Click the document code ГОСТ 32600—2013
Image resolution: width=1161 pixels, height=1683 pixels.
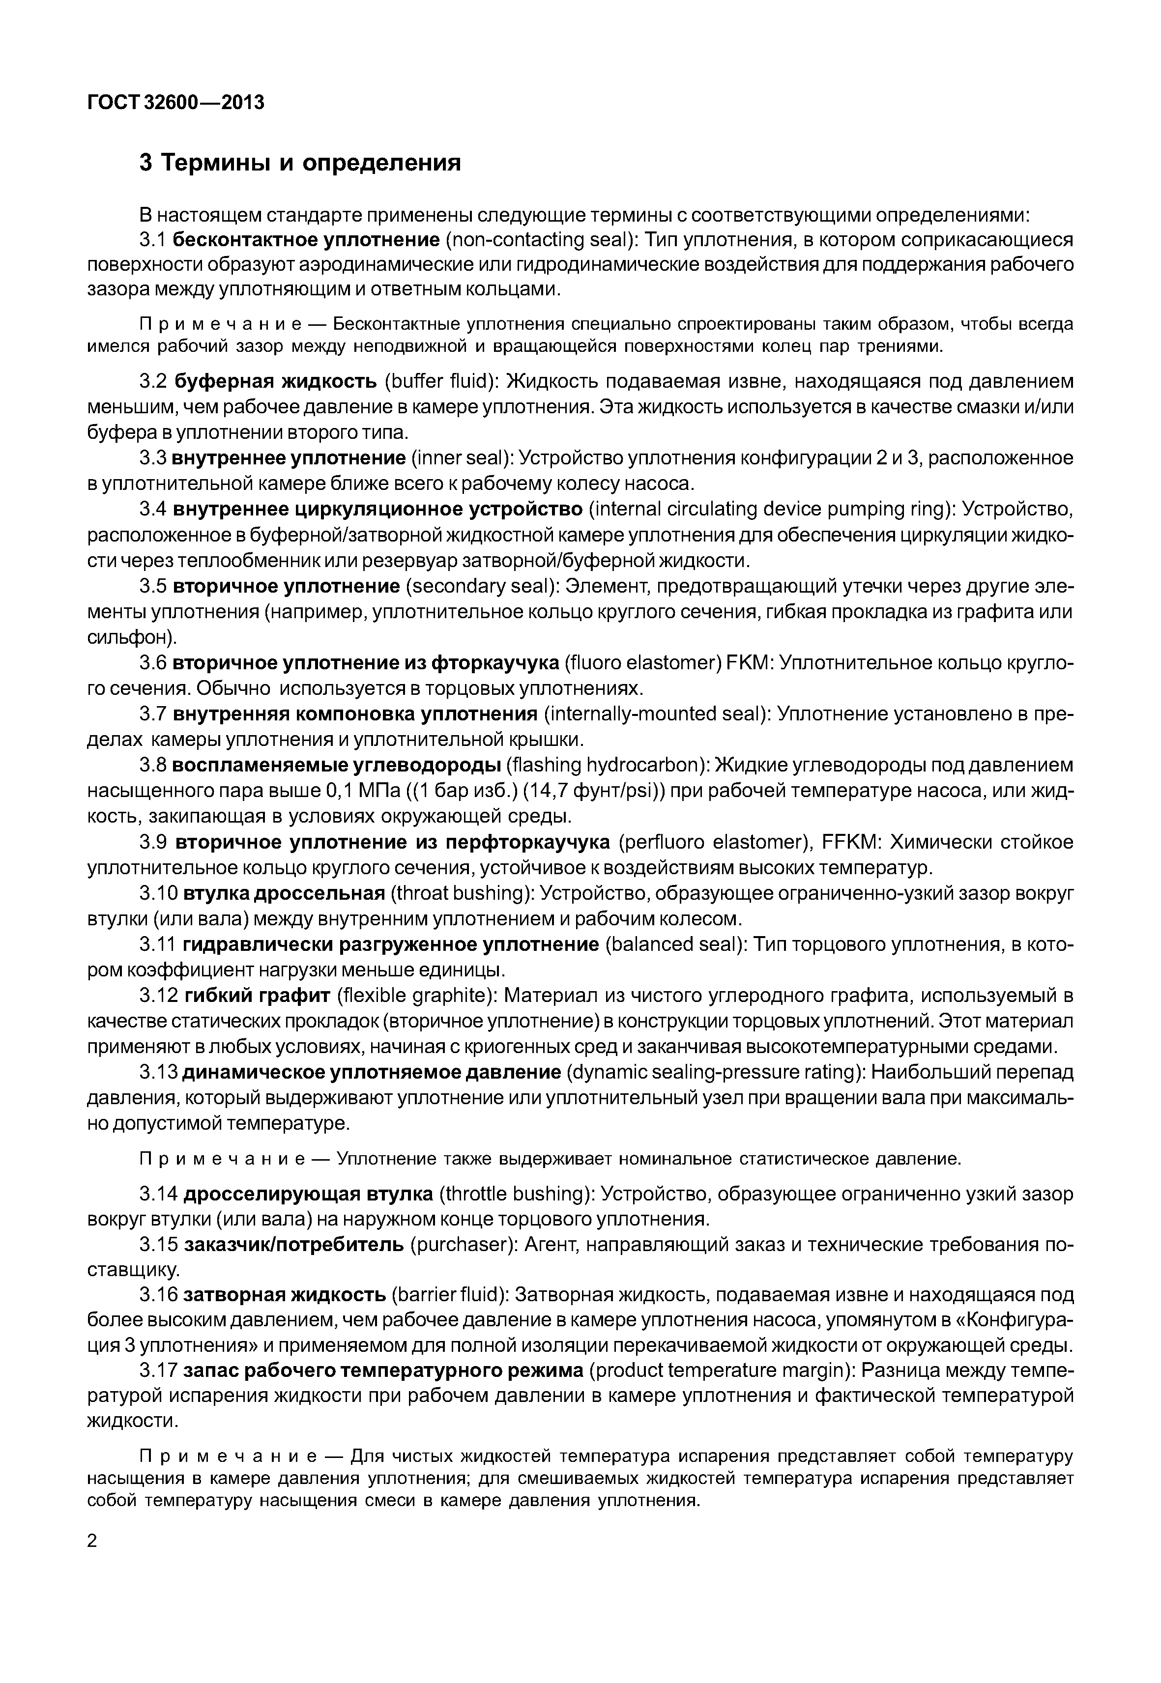pyautogui.click(x=175, y=103)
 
